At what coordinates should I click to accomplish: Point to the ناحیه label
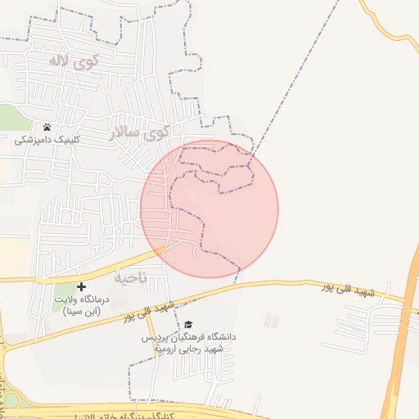pyautogui.click(x=130, y=278)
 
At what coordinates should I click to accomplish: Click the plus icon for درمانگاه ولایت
pyautogui.click(x=81, y=286)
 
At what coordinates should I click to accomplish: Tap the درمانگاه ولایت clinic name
pyautogui.click(x=81, y=300)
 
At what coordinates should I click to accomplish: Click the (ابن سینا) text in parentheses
pyautogui.click(x=81, y=311)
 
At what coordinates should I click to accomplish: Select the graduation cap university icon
pyautogui.click(x=188, y=325)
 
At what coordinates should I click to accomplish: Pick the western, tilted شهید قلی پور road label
pyautogui.click(x=150, y=312)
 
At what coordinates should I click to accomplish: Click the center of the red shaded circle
pyautogui.click(x=209, y=209)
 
